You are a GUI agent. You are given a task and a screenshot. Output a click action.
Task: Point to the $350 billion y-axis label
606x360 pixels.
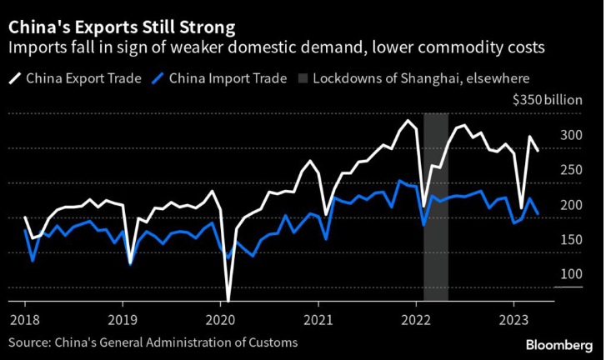(x=553, y=99)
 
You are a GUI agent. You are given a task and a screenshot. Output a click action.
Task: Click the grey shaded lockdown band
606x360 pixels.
(x=436, y=250)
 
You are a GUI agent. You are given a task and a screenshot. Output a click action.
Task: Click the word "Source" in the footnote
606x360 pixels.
(x=29, y=342)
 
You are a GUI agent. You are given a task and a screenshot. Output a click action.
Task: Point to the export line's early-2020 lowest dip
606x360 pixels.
(x=228, y=298)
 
